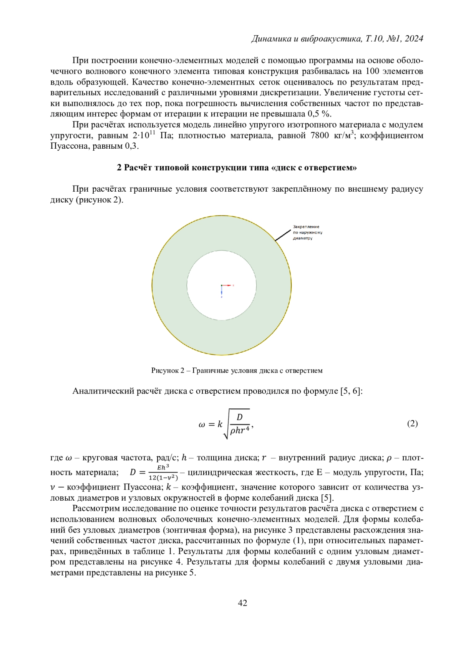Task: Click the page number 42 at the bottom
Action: point(242,603)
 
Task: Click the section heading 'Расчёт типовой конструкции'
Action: point(237,168)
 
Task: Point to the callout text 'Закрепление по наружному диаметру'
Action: point(307,232)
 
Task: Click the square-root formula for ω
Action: point(226,424)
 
